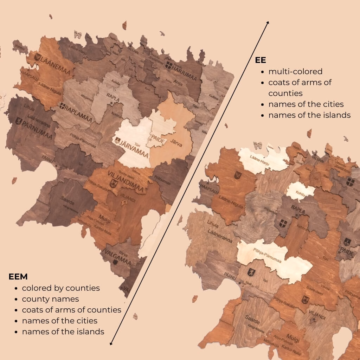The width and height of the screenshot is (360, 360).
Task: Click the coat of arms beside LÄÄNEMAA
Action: click(37, 57)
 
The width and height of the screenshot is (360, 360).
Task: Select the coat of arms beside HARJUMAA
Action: click(169, 65)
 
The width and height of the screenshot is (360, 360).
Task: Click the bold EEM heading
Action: click(18, 277)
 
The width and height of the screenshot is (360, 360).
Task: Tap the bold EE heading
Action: click(261, 60)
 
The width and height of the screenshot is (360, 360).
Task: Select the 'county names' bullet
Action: click(50, 299)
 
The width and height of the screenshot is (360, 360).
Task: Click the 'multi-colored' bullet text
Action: click(295, 72)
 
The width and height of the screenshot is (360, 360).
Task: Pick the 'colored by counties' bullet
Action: click(61, 288)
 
